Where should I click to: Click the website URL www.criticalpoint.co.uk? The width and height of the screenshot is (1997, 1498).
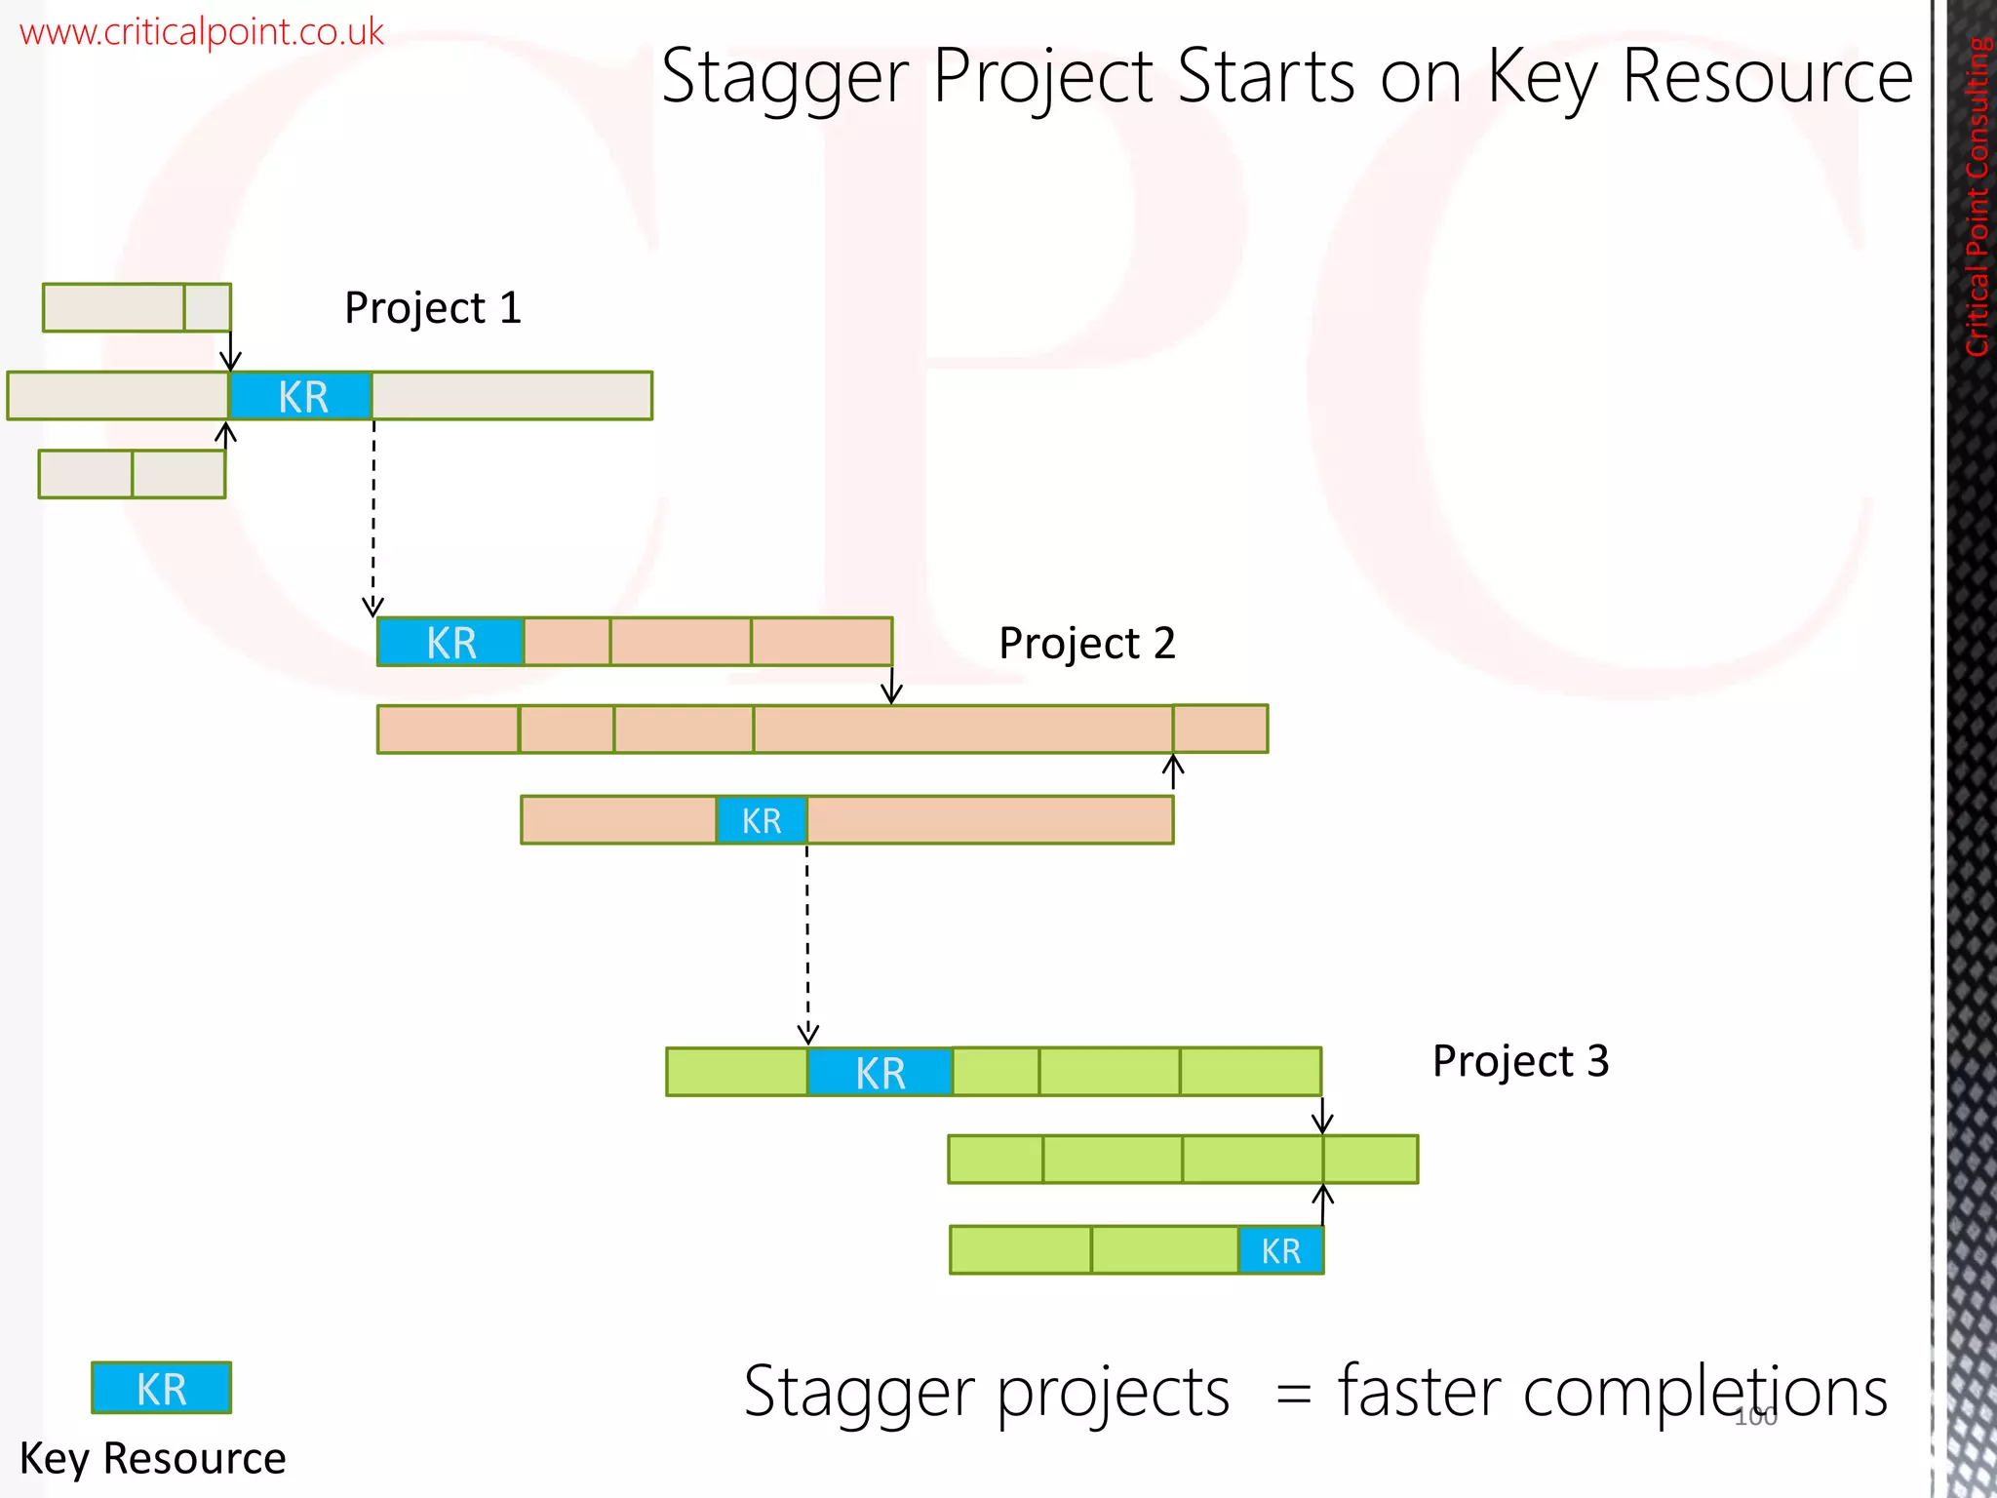201,32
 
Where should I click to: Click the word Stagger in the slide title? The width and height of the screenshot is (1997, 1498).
784,78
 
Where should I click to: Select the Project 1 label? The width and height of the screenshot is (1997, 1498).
433,308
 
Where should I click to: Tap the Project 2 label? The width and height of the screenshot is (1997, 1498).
1086,644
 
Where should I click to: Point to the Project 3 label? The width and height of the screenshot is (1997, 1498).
1519,1061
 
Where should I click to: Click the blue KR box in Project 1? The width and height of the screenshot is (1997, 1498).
301,396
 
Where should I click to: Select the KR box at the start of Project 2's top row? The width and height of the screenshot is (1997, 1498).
450,643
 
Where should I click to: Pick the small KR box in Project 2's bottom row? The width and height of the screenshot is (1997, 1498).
762,820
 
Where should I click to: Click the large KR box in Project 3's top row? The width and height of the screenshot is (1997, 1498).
880,1072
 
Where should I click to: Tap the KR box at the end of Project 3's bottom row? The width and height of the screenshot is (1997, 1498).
1280,1250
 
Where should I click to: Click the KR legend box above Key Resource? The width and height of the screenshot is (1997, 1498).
161,1388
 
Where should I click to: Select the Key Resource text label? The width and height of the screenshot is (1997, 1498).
152,1459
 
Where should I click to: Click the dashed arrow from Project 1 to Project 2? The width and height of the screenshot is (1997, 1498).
373,517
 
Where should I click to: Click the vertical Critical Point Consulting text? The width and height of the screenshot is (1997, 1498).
1977,195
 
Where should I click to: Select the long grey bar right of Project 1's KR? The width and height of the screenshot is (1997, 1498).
512,396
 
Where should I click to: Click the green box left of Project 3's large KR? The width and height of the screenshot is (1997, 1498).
736,1072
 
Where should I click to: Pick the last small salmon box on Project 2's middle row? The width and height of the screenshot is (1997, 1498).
1220,729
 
